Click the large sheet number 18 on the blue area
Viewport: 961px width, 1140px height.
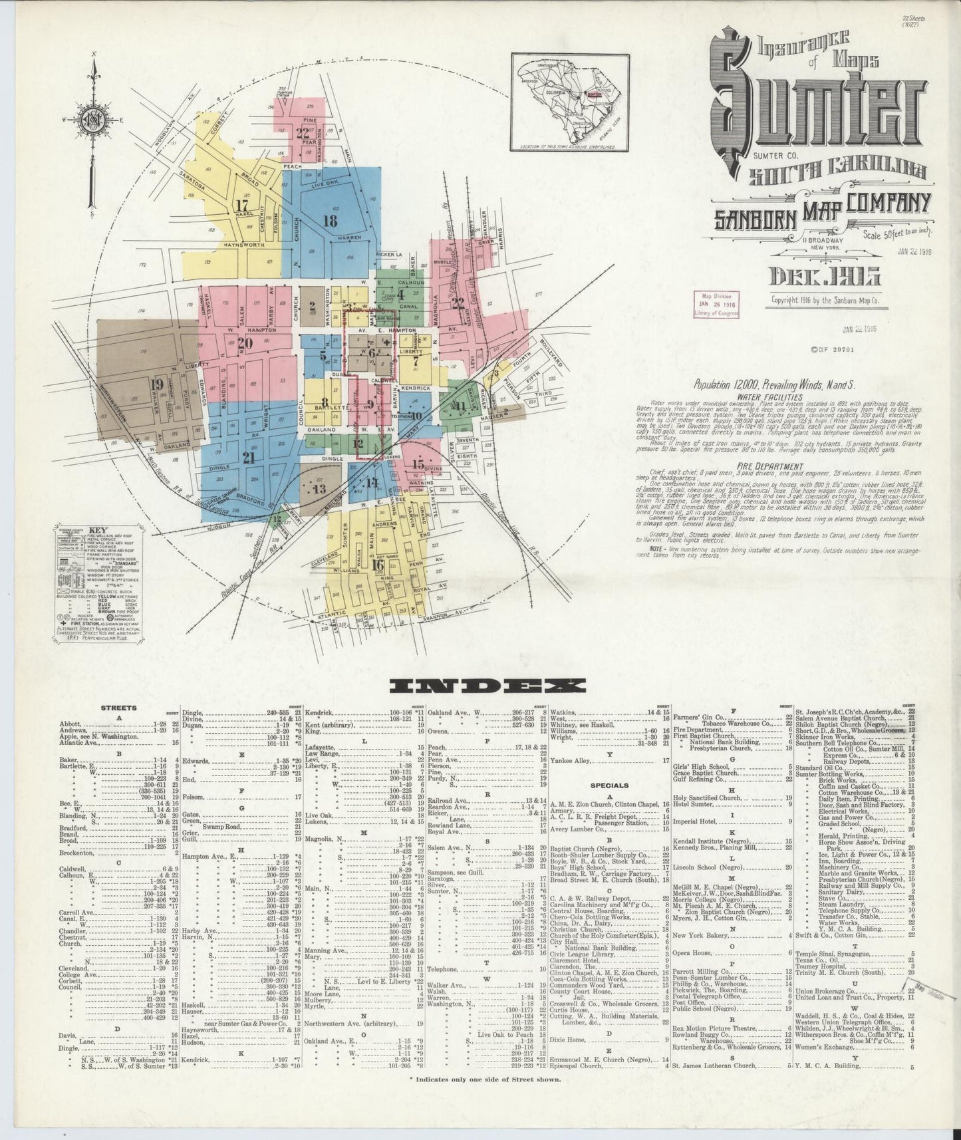point(330,221)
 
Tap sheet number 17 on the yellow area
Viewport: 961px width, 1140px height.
point(241,204)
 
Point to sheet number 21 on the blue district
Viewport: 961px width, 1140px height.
point(249,458)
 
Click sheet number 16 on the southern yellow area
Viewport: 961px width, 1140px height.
point(378,565)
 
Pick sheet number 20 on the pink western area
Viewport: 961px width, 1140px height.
point(245,344)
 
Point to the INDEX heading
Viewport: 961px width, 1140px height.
point(487,685)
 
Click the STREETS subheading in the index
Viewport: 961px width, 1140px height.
point(119,708)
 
